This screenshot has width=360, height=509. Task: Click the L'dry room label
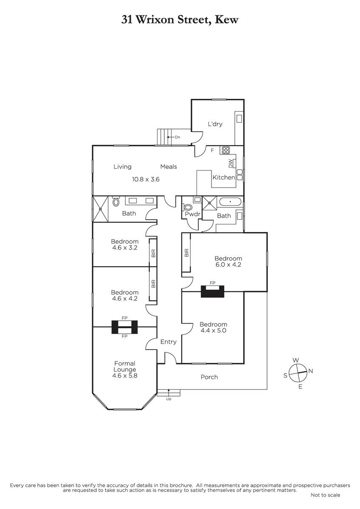[x=215, y=124]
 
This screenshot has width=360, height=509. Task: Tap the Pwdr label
[x=192, y=214]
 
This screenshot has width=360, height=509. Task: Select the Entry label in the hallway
[x=168, y=342]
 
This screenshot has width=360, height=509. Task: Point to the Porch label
[x=209, y=377]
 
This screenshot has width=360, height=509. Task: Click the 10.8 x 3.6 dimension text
[x=146, y=179]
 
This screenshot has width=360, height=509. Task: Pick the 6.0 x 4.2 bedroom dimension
[x=228, y=265]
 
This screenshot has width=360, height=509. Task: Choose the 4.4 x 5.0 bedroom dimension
[x=213, y=330]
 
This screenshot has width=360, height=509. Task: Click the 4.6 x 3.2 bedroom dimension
[x=125, y=248]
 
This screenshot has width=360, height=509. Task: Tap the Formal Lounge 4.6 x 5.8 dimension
[x=125, y=376]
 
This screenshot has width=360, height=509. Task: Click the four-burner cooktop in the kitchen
[x=226, y=150]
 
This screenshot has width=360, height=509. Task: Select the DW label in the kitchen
[x=231, y=164]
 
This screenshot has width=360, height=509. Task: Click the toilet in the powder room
[x=187, y=207]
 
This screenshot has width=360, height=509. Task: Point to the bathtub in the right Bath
[x=230, y=202]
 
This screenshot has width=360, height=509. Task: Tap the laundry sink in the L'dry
[x=239, y=118]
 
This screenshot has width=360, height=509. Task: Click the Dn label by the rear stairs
[x=177, y=137]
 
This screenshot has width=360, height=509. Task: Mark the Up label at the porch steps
[x=169, y=399]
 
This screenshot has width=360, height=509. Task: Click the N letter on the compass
[x=311, y=371]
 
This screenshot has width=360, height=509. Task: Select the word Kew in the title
[x=227, y=20]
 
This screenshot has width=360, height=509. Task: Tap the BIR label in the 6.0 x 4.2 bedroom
[x=186, y=253]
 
